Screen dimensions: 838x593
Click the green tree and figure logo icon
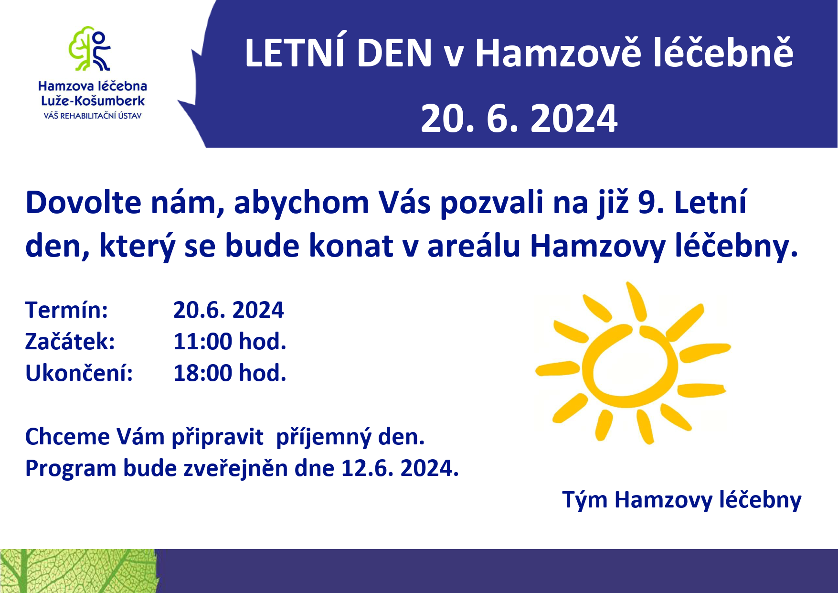(90, 49)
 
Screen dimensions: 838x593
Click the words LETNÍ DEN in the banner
(338, 53)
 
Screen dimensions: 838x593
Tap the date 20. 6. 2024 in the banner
(519, 119)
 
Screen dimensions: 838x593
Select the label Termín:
(66, 310)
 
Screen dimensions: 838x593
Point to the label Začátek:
(70, 342)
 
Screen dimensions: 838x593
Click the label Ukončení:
(79, 373)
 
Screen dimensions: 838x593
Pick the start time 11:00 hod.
(230, 342)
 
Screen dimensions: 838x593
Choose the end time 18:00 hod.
(230, 373)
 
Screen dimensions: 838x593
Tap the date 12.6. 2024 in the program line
(400, 468)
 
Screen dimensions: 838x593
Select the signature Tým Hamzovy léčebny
(682, 500)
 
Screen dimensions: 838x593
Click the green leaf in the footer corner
(79, 571)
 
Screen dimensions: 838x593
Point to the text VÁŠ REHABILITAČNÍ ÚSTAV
(93, 116)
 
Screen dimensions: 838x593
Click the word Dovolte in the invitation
(84, 202)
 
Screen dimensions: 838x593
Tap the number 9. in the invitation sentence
(651, 203)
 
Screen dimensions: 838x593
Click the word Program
(71, 469)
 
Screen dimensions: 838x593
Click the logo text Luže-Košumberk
(93, 101)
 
